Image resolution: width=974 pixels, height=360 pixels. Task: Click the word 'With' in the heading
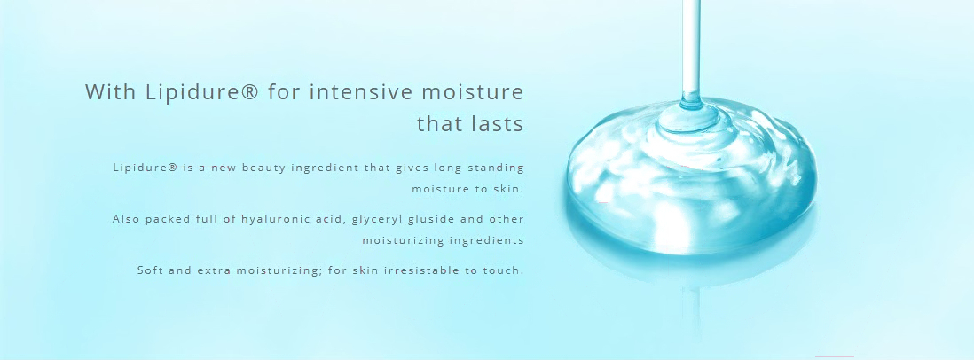point(109,92)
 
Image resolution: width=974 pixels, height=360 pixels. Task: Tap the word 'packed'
point(165,220)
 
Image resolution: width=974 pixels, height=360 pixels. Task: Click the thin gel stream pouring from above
point(691,50)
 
